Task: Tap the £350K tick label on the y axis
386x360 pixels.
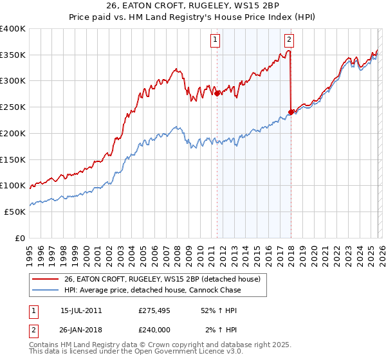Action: (13, 55)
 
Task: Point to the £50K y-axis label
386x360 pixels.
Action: (15, 212)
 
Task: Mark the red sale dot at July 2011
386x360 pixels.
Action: (217, 93)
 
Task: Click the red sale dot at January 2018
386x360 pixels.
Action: (291, 112)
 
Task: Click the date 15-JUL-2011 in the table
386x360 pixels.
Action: (80, 310)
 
